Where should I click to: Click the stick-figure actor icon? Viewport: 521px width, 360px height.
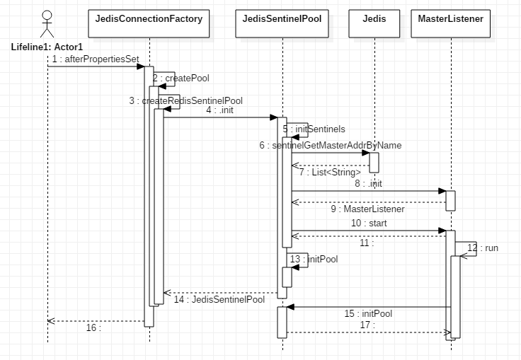(47, 24)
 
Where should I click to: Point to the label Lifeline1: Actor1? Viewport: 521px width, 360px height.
(47, 47)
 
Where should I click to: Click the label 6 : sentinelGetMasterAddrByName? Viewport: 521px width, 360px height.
(330, 145)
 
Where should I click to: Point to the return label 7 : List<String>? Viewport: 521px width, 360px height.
(330, 172)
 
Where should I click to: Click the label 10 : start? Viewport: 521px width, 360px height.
(369, 223)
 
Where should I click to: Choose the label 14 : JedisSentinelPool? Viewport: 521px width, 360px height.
(219, 299)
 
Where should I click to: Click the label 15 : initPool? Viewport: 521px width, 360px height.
(368, 313)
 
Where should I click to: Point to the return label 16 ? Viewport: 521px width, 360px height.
(93, 327)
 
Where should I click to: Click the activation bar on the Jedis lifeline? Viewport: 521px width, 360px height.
(374, 161)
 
